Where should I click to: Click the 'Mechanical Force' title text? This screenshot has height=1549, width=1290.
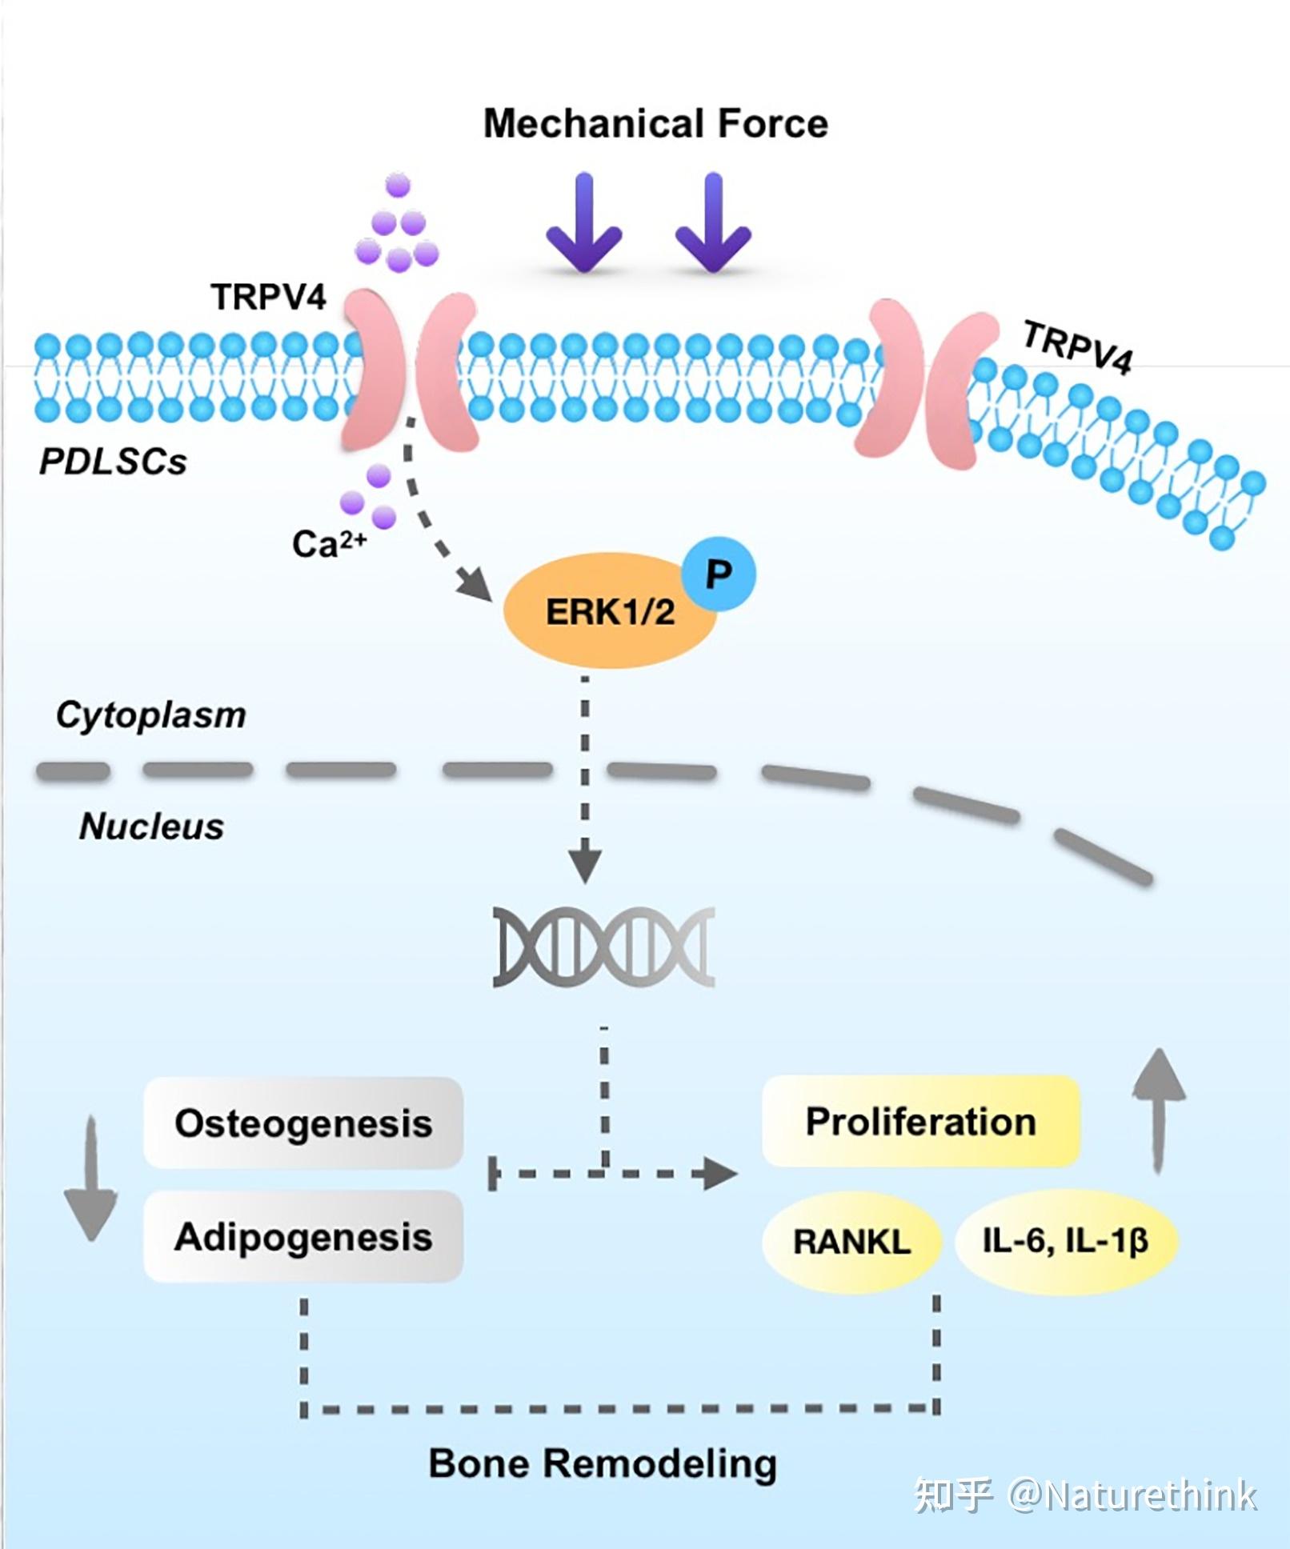655,124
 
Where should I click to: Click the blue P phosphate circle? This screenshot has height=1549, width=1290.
719,574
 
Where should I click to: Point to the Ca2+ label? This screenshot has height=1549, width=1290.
328,544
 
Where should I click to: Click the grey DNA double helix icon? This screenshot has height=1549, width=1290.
603,947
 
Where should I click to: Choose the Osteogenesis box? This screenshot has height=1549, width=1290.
303,1123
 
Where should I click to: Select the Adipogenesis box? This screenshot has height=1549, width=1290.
303,1236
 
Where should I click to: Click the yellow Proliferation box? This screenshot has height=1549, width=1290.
920,1121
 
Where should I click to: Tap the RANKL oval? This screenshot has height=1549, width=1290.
851,1241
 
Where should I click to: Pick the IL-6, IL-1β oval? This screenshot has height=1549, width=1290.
1065,1241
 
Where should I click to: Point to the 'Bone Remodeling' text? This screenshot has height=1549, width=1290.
603,1463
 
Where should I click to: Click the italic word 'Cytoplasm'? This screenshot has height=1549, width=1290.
150,714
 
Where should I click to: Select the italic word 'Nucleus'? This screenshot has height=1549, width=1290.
151,827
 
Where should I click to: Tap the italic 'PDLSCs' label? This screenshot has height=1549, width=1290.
113,462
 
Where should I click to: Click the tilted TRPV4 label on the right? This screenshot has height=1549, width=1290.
1078,346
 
